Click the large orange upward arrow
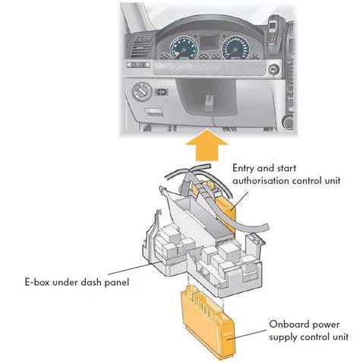207,146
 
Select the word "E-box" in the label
37,282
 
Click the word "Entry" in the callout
243,169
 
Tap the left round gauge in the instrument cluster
183,47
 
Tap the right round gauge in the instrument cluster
235,47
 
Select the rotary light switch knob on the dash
142,92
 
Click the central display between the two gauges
209,43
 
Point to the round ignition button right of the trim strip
273,68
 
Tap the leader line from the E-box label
135,268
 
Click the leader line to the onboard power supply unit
248,335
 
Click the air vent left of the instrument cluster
140,48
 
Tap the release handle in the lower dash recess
208,103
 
